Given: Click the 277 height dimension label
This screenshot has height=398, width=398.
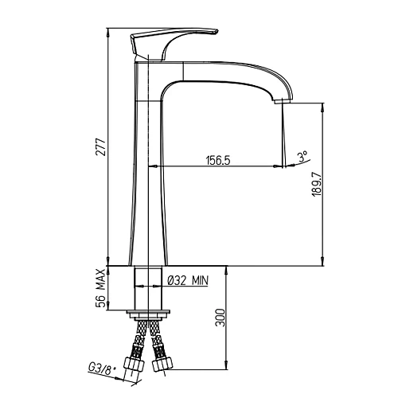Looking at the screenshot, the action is [x=101, y=146].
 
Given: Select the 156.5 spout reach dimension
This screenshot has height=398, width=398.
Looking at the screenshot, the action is [x=218, y=160].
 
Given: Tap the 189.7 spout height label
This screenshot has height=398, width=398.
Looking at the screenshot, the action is [x=317, y=184].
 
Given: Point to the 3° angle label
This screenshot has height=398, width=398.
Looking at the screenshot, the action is [x=303, y=157].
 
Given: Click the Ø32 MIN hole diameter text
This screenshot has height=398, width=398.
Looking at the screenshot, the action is [x=189, y=280].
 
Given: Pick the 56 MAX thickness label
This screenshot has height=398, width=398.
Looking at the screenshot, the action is [x=101, y=288].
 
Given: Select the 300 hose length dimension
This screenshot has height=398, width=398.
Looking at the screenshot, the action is [x=220, y=318].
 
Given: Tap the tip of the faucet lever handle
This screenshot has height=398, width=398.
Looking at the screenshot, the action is [x=217, y=32].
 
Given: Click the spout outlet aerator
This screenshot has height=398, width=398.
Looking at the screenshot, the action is [x=283, y=101].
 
